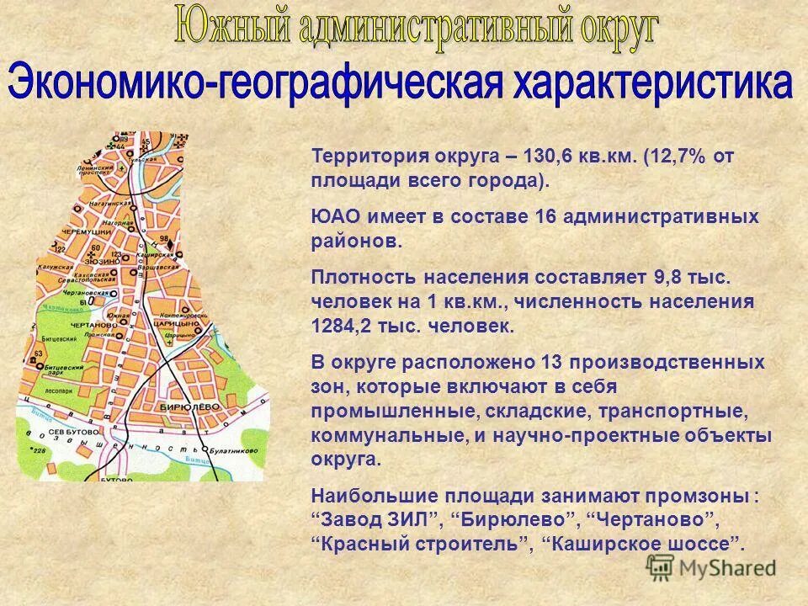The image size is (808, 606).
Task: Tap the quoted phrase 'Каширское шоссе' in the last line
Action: tap(644, 543)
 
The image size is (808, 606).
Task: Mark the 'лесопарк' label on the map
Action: tap(58, 391)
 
